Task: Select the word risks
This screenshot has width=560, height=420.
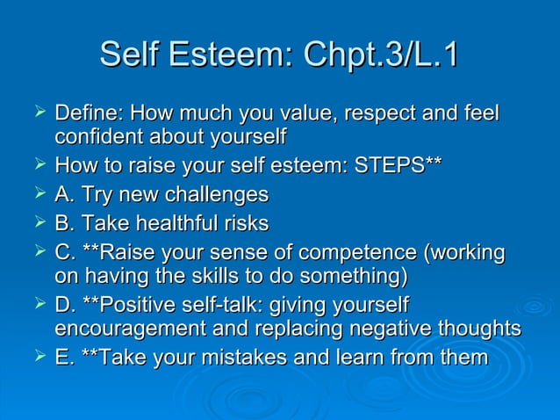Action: [x=242, y=223]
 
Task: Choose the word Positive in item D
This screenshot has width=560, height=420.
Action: [x=136, y=305]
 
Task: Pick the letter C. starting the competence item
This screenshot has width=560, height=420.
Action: [x=65, y=252]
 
